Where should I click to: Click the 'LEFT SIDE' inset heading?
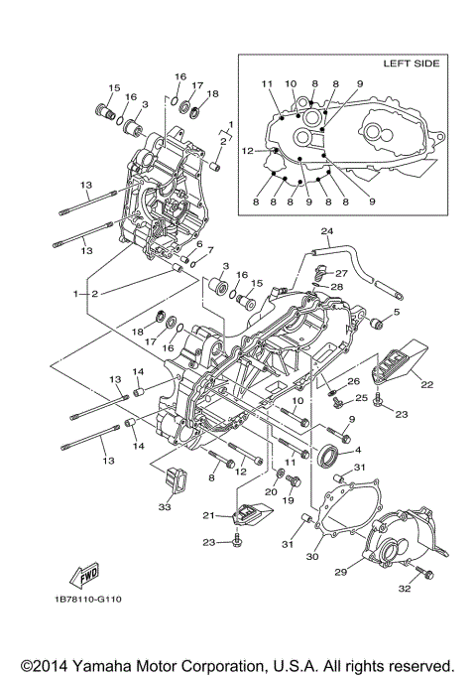411,63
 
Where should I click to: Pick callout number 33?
164,507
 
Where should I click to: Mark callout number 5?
395,313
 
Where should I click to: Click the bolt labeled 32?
421,573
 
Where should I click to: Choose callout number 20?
270,491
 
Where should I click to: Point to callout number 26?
353,380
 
